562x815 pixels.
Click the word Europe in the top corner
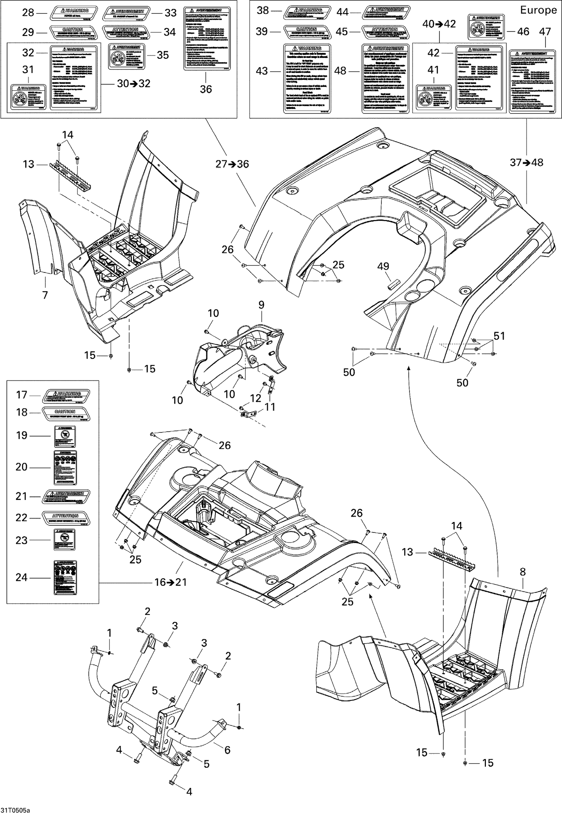coord(538,10)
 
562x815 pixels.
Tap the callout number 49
coord(383,266)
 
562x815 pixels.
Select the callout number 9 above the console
coord(261,305)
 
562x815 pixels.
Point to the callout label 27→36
coord(232,164)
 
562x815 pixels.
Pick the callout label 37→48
coord(526,163)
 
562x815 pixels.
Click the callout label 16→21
coord(171,582)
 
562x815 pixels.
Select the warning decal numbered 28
coord(75,13)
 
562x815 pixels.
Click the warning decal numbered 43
coord(307,78)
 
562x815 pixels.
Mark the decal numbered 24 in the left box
coord(66,577)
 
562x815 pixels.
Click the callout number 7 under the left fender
coord(45,295)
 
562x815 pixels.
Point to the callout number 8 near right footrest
coord(523,572)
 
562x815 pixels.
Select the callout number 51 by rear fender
coord(499,336)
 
